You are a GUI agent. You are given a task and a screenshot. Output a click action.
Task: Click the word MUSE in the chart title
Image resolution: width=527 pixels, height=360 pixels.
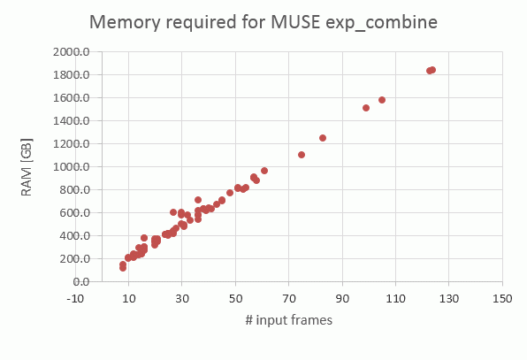(295, 22)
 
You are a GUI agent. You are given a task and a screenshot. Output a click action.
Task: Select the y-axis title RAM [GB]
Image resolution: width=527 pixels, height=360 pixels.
(27, 167)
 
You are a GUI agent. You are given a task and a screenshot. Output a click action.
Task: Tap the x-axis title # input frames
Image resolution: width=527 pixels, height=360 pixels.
(289, 320)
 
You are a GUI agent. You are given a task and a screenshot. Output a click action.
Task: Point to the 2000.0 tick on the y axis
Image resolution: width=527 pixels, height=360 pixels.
(71, 52)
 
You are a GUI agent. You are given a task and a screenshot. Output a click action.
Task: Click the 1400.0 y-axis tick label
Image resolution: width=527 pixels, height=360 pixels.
(71, 120)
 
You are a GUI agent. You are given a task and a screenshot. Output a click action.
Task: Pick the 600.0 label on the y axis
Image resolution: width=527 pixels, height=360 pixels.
(74, 213)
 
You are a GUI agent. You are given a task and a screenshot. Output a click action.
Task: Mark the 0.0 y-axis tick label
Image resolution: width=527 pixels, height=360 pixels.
(81, 281)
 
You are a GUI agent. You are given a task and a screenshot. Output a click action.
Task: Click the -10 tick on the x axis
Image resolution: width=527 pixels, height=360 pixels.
(75, 298)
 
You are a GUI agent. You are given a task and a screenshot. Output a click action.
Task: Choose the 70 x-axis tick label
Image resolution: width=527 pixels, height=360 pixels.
(289, 298)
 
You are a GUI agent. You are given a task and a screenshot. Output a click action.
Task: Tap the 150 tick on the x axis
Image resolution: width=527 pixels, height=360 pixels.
(502, 298)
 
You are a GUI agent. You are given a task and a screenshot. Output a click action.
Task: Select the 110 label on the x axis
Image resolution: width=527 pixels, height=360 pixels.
(395, 298)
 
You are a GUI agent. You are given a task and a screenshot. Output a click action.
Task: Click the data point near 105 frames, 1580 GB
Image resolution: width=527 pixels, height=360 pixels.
(382, 100)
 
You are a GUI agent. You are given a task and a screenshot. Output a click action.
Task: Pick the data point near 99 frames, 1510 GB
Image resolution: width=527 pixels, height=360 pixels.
(366, 108)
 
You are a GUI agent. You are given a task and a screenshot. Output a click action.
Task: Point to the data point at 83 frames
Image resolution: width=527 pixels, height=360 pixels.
(323, 138)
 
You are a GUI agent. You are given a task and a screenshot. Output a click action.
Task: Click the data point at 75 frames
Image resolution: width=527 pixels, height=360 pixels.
(302, 155)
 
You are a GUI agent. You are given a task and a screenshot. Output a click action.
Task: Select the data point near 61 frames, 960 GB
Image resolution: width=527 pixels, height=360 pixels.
(264, 171)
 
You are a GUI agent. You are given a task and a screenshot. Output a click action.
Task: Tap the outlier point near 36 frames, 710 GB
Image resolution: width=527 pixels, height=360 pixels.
(198, 200)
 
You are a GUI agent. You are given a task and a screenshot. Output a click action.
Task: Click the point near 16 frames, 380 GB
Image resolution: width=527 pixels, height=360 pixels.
(144, 238)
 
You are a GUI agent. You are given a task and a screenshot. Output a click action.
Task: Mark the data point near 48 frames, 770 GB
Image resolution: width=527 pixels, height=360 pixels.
(230, 193)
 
